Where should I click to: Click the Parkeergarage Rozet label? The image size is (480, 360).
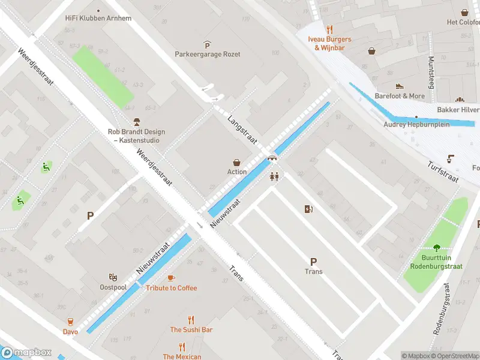[207, 54]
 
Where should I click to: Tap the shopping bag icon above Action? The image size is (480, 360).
[237, 162]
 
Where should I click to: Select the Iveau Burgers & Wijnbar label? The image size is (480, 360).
[329, 43]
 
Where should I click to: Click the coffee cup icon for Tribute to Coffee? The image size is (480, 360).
[171, 278]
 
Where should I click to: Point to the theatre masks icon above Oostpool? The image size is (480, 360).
[112, 277]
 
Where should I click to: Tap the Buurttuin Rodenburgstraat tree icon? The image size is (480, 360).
[436, 247]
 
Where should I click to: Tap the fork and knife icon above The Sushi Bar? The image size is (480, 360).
[191, 320]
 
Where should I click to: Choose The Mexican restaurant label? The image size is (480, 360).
[182, 356]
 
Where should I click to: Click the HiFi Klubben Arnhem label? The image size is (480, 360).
[98, 18]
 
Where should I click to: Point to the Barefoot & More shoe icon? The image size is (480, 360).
[400, 86]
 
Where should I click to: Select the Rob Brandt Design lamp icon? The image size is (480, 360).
[136, 122]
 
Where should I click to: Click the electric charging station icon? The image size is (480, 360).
[309, 209]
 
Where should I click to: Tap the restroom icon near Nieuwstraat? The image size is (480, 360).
[275, 176]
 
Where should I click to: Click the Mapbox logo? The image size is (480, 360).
[27, 353]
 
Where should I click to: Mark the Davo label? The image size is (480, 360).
[70, 331]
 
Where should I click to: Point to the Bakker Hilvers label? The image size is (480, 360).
[458, 110]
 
